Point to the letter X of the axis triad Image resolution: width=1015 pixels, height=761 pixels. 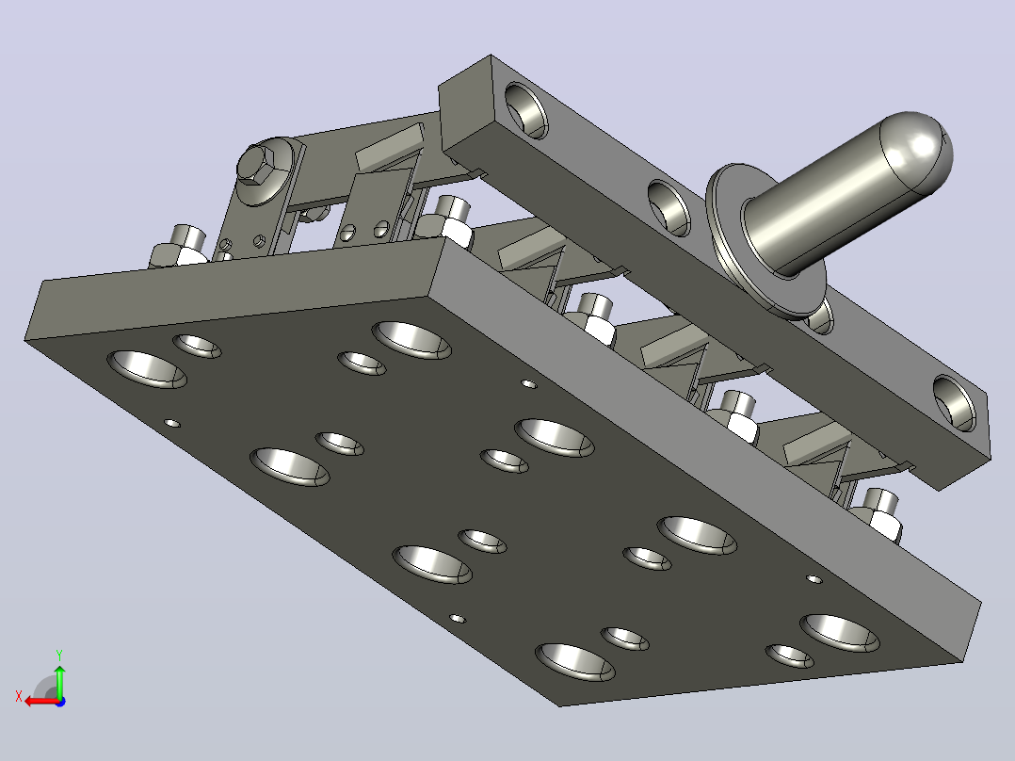coord(19,697)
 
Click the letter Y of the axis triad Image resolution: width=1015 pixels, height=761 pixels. coord(59,655)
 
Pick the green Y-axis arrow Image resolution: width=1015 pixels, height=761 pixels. coord(59,681)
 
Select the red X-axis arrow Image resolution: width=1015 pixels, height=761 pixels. coord(42,701)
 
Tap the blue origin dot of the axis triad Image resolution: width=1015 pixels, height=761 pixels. coord(60,702)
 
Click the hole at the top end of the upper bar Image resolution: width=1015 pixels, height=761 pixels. coord(525,110)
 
